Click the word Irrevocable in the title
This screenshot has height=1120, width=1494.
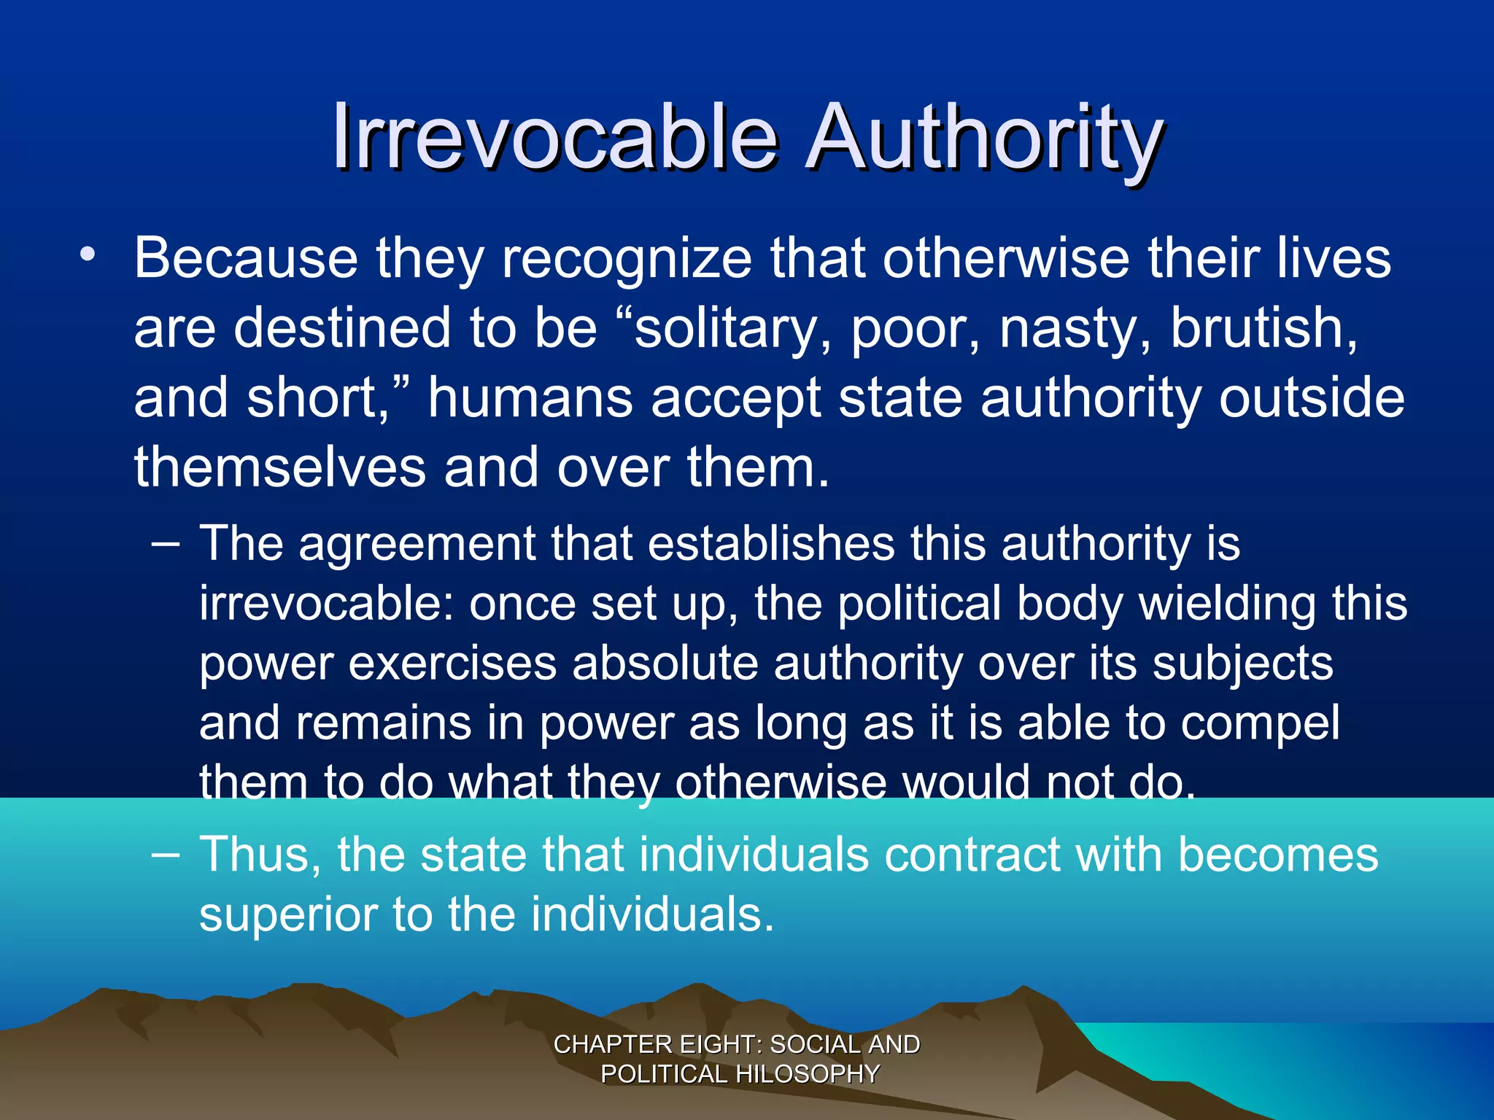[x=554, y=137]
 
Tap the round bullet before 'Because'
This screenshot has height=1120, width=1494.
[x=88, y=254]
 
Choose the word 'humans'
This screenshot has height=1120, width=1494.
[x=530, y=397]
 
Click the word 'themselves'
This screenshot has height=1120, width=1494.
[x=279, y=467]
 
